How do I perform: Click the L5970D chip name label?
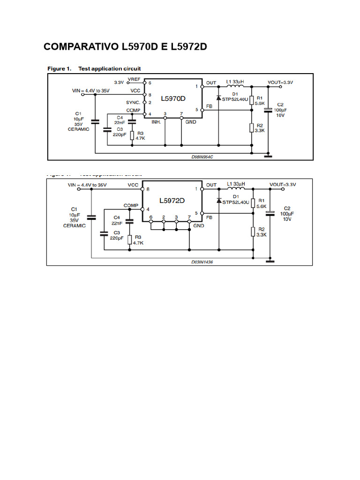[173, 99]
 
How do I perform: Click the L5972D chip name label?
[172, 201]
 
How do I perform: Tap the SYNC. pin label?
[133, 102]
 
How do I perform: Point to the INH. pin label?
[157, 122]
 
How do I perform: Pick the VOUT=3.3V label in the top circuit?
[280, 82]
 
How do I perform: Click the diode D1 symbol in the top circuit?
[218, 98]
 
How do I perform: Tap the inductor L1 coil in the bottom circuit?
[236, 189]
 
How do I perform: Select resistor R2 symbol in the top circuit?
[252, 127]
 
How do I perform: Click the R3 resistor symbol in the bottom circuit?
[130, 240]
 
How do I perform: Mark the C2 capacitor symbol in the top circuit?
[268, 111]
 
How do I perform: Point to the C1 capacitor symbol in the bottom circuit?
[91, 217]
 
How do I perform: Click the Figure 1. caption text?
[60, 68]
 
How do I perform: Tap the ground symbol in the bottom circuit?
[270, 261]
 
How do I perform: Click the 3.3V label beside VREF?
[119, 82]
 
